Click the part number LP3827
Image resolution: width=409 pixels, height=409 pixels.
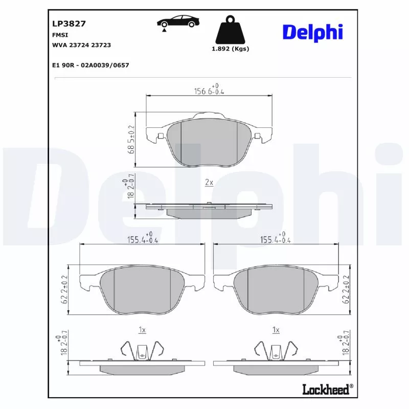[69, 24]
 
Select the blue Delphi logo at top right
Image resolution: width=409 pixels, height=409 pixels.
[312, 32]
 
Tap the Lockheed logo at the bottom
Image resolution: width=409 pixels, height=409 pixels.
[327, 390]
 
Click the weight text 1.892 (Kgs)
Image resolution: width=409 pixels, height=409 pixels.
[230, 49]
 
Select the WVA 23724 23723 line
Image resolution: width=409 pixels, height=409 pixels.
[81, 45]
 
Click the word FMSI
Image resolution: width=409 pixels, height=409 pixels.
[60, 35]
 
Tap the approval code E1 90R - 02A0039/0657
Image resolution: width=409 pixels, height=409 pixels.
[90, 65]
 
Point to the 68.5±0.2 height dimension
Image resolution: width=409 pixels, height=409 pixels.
[131, 140]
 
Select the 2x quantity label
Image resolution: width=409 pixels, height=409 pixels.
[209, 183]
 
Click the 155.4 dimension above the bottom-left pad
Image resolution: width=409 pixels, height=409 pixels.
[143, 238]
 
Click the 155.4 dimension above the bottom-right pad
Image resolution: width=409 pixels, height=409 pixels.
[276, 238]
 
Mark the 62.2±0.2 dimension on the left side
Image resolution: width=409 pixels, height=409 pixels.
[65, 289]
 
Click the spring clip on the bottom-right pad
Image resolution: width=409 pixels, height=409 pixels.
[276, 350]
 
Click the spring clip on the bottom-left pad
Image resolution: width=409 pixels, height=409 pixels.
[142, 350]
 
